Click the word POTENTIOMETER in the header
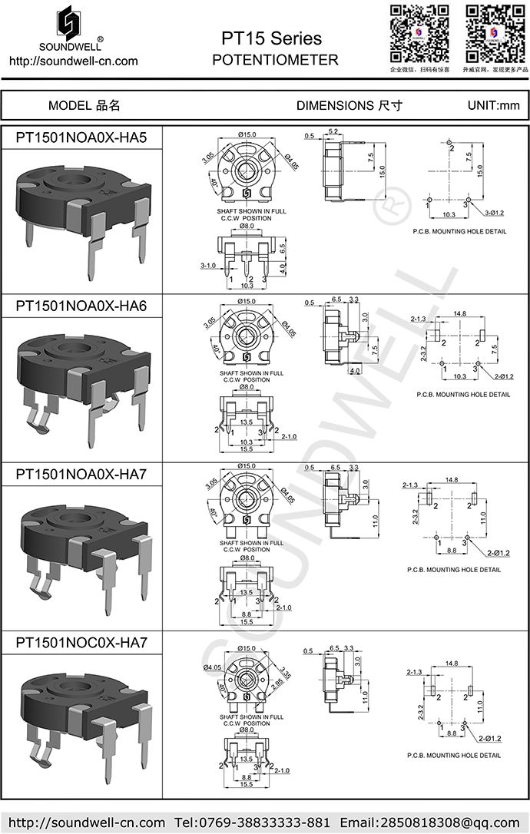(274, 60)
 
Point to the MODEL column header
(84, 105)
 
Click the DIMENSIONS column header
(349, 105)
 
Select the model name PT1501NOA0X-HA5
(81, 137)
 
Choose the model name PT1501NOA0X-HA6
(81, 306)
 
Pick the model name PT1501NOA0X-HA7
(81, 475)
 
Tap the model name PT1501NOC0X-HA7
(81, 642)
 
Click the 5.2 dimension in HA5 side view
(333, 133)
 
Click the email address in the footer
(433, 822)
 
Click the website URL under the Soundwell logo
(73, 61)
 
